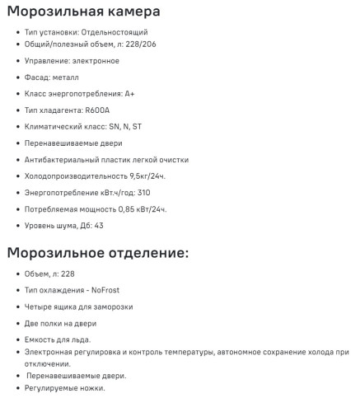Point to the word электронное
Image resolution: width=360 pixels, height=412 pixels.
tap(94, 60)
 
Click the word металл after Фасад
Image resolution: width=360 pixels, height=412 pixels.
tap(68, 77)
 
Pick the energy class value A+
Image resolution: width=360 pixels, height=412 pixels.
tap(130, 94)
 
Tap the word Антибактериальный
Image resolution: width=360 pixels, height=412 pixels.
tap(68, 160)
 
